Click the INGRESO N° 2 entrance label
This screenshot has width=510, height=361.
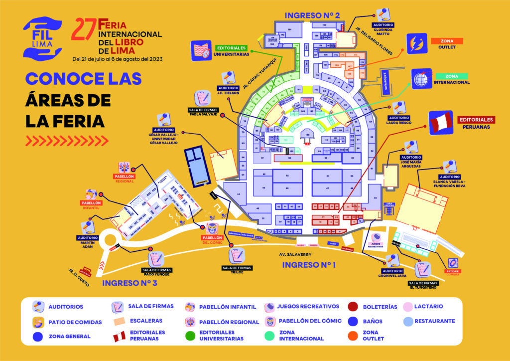coord(312,15)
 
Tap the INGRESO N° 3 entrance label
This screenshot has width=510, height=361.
coord(129,283)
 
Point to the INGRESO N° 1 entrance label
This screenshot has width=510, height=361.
coord(309,265)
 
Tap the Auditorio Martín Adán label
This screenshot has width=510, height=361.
coord(88,242)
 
